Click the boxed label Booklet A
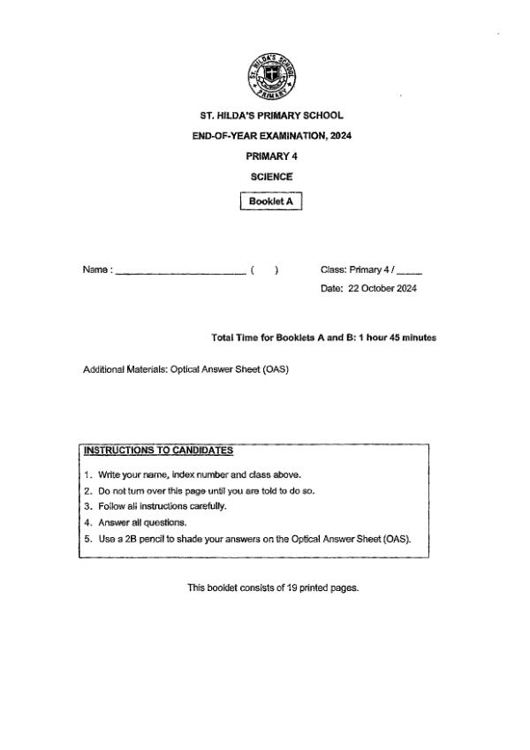click(x=271, y=201)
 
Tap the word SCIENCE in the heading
click(x=271, y=177)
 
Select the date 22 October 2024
click(x=382, y=288)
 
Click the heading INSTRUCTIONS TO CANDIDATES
click(x=158, y=450)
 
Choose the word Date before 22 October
click(x=332, y=288)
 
